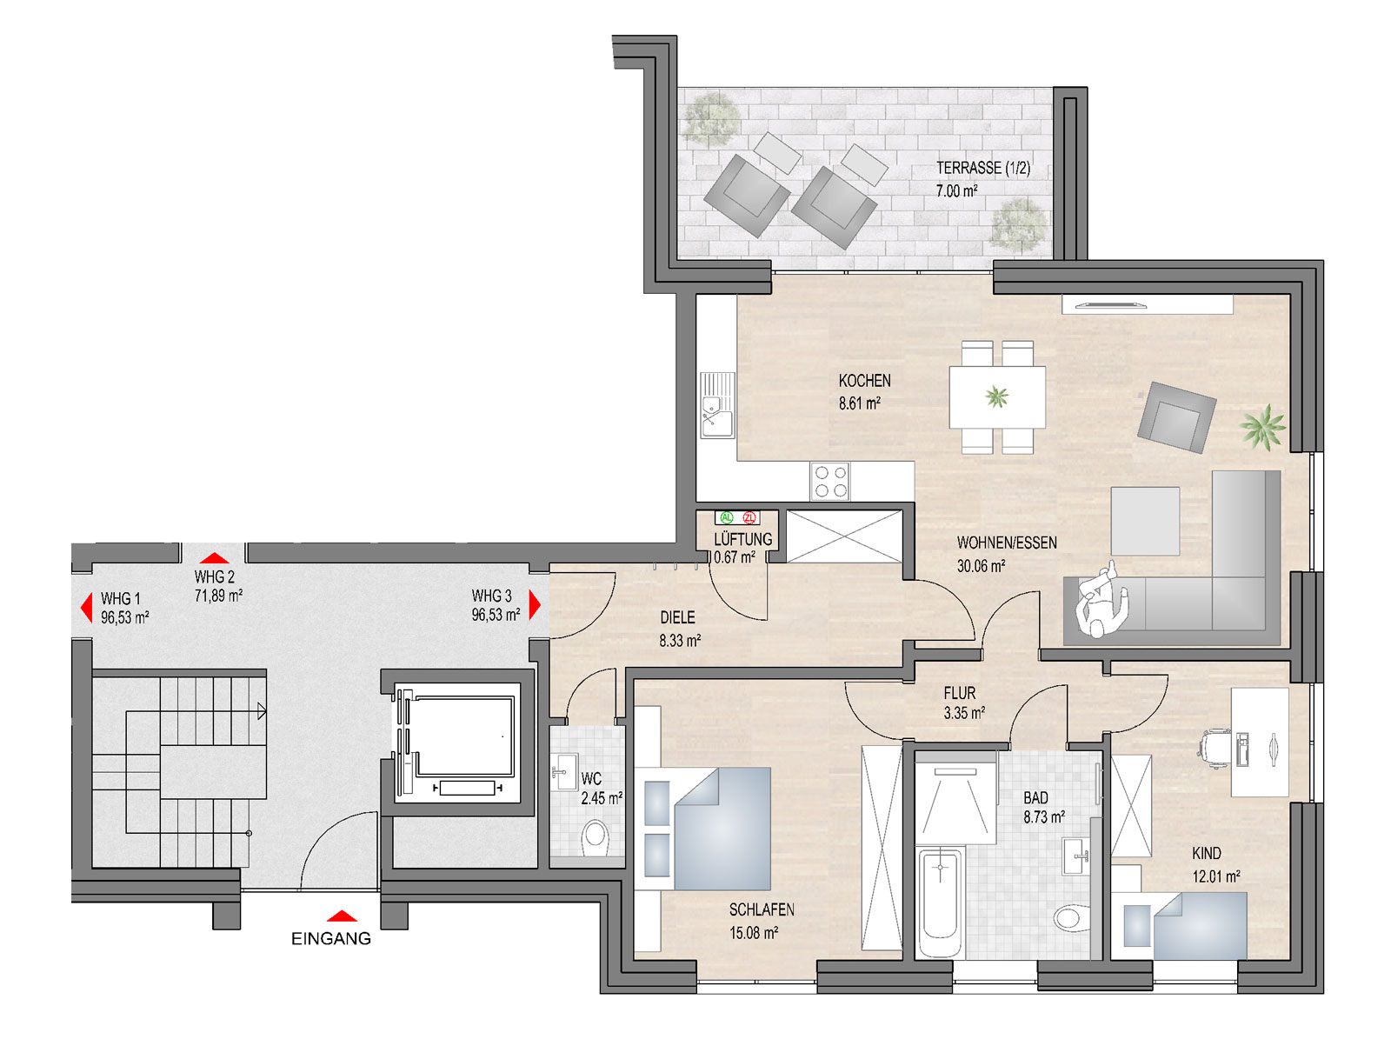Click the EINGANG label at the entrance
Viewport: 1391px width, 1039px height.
331,938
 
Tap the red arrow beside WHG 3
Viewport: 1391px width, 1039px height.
534,604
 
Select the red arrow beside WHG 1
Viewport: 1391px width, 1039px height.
87,608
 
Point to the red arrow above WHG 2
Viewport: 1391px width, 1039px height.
214,557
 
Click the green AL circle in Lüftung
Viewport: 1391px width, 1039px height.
726,517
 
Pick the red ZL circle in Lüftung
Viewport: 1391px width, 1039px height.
749,517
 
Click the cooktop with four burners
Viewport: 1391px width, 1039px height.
829,481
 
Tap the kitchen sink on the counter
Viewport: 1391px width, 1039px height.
716,405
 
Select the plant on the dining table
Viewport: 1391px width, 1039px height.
996,397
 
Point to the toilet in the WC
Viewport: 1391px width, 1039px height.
595,837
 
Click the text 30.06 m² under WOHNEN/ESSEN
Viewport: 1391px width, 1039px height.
981,566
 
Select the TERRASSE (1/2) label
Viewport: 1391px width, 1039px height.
983,168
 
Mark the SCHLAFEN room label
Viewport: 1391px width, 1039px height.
761,909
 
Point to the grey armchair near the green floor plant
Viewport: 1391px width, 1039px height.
1176,417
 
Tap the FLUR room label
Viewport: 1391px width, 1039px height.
960,693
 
